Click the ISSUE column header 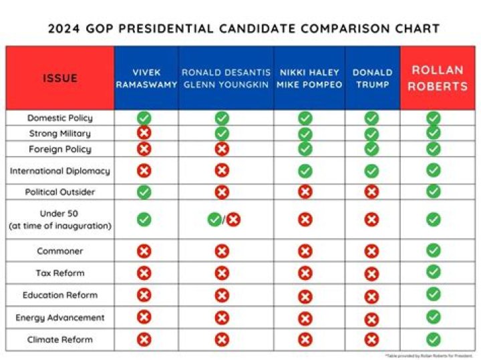click(x=60, y=78)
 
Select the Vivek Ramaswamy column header click(x=146, y=78)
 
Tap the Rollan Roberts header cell click(x=437, y=78)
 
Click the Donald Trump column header click(x=372, y=78)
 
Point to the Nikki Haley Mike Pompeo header click(x=309, y=78)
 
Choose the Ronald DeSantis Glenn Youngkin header click(x=225, y=78)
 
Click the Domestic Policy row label click(x=60, y=118)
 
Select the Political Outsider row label click(x=60, y=192)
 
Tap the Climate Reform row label click(x=60, y=340)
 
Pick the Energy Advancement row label click(x=60, y=317)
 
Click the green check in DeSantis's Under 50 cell click(x=214, y=219)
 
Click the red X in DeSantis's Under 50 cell click(x=233, y=219)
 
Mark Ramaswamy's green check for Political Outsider click(x=144, y=192)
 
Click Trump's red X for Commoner click(x=371, y=251)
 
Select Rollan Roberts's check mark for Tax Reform click(x=434, y=272)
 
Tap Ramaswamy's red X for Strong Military click(x=144, y=133)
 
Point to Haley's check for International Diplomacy click(x=305, y=171)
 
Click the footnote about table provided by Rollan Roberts click(x=429, y=356)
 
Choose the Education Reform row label click(x=60, y=295)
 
